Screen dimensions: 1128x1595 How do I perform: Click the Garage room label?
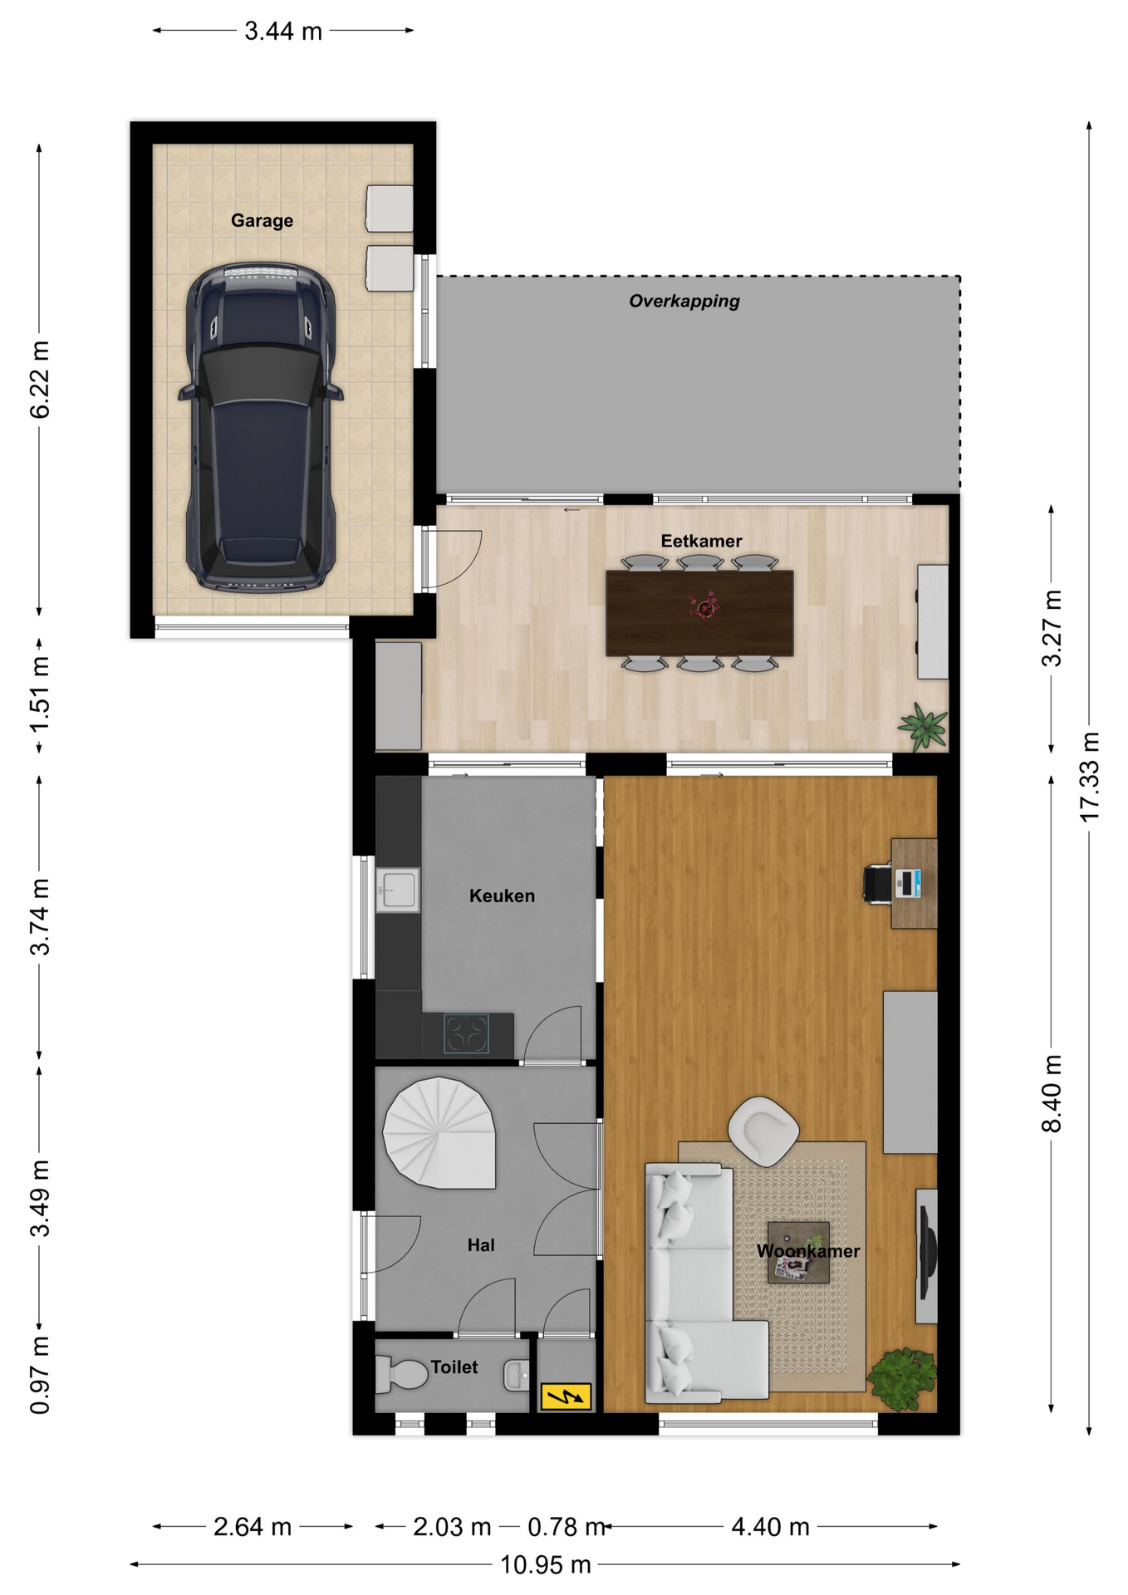coord(262,221)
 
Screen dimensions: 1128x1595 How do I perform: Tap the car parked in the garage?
coord(260,428)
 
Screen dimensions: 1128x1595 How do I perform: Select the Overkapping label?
coord(684,301)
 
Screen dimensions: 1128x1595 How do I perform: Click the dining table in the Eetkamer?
coord(699,613)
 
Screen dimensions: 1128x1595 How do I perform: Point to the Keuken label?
coord(502,896)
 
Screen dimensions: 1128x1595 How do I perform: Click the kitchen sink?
coord(398,890)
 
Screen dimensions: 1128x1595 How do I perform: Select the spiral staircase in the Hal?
coord(439,1133)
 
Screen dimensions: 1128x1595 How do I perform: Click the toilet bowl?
coord(401,1375)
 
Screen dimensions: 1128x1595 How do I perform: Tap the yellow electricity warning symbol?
coord(566,1396)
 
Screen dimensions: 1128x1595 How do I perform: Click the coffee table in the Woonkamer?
coord(798,1252)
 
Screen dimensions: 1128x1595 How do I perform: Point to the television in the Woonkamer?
coord(926,1244)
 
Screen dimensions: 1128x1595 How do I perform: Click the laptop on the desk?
coord(909,882)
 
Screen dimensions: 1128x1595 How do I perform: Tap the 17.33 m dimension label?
coord(1089,778)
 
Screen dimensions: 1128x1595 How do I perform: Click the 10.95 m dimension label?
coord(545,1565)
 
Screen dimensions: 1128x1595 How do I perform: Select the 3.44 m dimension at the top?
coord(282,32)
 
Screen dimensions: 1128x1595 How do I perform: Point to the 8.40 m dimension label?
coord(1052,1093)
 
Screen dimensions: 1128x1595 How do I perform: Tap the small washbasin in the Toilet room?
coord(516,1376)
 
